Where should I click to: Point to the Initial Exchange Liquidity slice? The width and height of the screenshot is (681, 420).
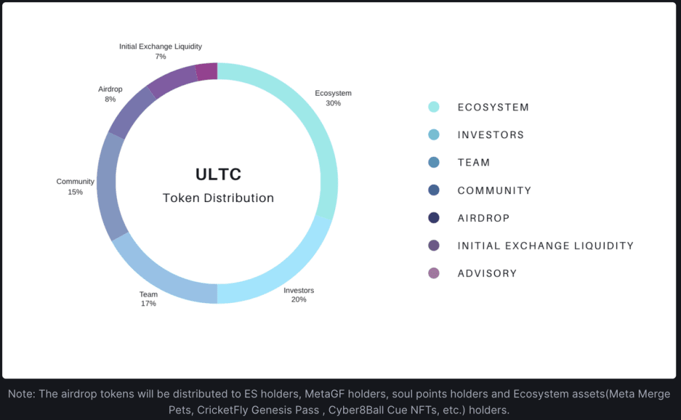pyautogui.click(x=173, y=80)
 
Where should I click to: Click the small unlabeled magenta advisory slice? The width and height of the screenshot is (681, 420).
pyautogui.click(x=207, y=71)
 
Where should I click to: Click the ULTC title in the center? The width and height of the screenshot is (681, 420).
pyautogui.click(x=218, y=174)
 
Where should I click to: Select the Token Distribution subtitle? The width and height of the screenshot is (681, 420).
pyautogui.click(x=218, y=198)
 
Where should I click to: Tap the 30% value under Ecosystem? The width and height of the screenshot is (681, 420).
pyautogui.click(x=333, y=103)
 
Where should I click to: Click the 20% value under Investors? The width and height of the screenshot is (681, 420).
pyautogui.click(x=299, y=299)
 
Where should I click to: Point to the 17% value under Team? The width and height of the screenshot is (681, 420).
pyautogui.click(x=148, y=303)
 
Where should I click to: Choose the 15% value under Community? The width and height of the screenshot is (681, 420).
pyautogui.click(x=75, y=192)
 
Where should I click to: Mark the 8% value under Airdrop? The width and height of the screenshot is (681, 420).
pyautogui.click(x=110, y=99)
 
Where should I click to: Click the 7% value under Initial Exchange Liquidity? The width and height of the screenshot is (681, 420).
pyautogui.click(x=161, y=56)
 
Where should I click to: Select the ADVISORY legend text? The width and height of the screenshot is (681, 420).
pyautogui.click(x=487, y=273)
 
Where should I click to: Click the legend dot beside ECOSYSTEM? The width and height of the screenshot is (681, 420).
pyautogui.click(x=434, y=107)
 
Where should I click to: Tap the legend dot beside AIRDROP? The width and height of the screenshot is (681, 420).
pyautogui.click(x=434, y=218)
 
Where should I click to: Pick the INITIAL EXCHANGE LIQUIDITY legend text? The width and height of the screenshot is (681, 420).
pyautogui.click(x=545, y=246)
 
